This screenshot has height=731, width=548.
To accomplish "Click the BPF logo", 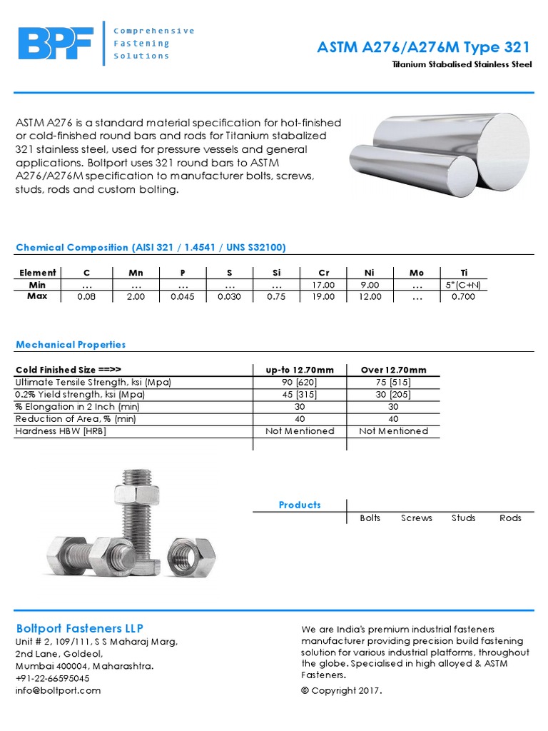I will (x=56, y=44).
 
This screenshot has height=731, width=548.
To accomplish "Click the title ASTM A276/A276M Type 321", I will (x=424, y=48).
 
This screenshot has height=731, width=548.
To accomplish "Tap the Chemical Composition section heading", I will (x=151, y=248).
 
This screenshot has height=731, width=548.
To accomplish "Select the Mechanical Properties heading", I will (x=71, y=345).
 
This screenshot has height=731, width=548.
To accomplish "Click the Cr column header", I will (x=323, y=273).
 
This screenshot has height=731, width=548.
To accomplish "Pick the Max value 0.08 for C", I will (x=86, y=297).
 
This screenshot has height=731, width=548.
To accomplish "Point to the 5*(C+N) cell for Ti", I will (x=463, y=285).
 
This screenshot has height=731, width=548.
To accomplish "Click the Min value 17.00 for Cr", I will (x=323, y=285).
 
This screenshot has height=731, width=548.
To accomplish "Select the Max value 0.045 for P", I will (x=182, y=297).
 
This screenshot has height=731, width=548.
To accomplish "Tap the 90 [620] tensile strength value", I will (x=300, y=383).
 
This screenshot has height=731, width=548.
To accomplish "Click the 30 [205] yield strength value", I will (x=393, y=395).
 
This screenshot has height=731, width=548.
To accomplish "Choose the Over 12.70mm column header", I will (x=393, y=370).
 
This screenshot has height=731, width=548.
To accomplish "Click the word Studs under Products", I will (x=463, y=518).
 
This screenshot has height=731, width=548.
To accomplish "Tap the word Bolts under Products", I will (x=370, y=518).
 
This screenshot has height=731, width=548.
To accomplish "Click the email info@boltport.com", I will (x=58, y=690).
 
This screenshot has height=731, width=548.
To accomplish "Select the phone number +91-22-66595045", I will (x=52, y=678).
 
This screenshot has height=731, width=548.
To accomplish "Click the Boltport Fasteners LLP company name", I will (x=79, y=628).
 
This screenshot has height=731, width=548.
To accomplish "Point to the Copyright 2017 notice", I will (x=342, y=690).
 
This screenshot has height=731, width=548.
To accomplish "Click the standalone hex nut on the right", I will (x=191, y=553).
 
